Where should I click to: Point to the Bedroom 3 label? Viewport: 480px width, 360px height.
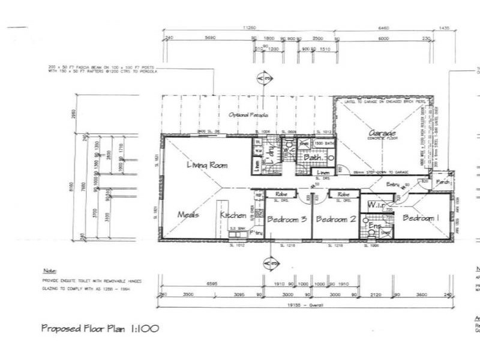point(287,220)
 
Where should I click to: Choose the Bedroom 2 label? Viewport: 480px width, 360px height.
point(336,220)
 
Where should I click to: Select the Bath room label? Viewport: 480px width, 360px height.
point(316,158)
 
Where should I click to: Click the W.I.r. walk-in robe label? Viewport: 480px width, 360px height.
point(376,205)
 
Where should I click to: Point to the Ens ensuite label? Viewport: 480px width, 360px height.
point(376,226)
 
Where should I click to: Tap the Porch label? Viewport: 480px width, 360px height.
point(443,181)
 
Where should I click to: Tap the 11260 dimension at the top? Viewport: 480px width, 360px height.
point(249,28)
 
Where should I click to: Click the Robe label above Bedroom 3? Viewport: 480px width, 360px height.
point(282,195)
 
